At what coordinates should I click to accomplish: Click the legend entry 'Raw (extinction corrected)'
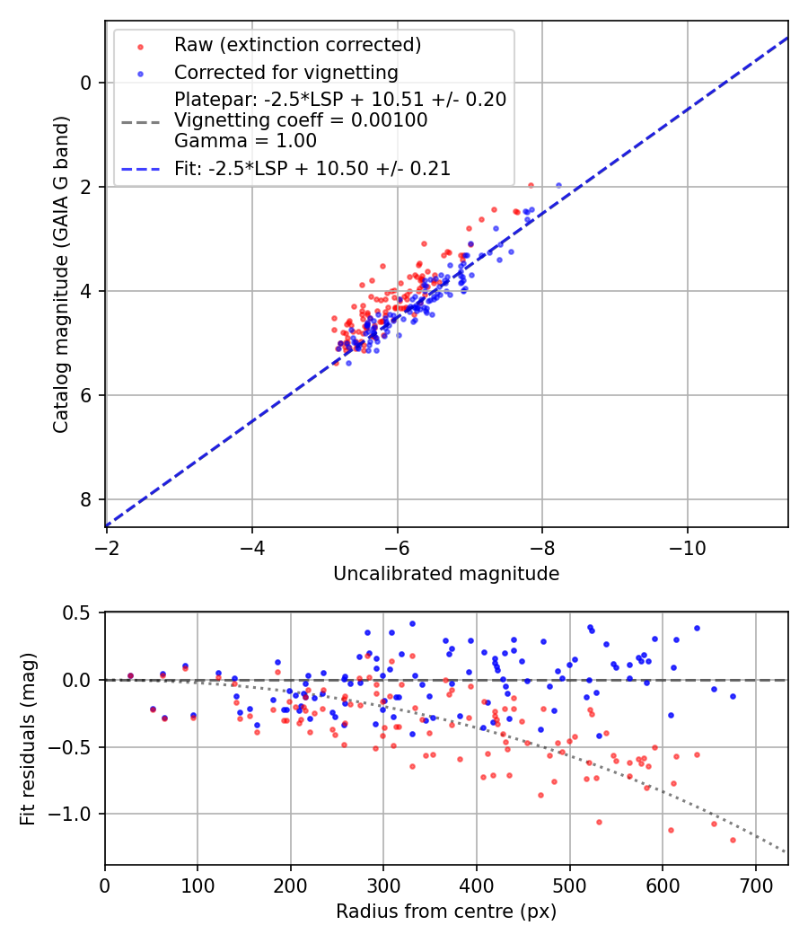pos(297,44)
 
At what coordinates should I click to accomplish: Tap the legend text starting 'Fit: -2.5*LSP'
pos(312,168)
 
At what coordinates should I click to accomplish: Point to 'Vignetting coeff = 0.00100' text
pos(301,119)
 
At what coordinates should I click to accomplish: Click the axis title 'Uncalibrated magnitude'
pos(446,574)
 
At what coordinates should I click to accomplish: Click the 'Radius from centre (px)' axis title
pos(446,912)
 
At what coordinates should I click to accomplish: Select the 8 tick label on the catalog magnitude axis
pos(86,499)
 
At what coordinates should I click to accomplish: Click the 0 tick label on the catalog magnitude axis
pos(86,83)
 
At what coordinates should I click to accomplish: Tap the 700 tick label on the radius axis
pos(755,886)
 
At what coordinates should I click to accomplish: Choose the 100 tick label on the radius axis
pos(198,886)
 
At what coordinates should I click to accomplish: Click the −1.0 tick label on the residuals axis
pos(74,814)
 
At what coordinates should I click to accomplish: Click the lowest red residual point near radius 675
pos(733,840)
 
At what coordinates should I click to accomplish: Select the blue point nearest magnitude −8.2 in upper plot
pos(558,186)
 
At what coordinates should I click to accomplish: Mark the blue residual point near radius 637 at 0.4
pos(697,628)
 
